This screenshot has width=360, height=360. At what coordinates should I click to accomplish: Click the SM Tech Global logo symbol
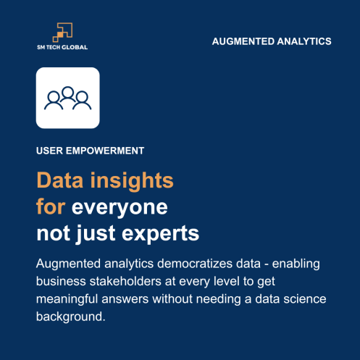pos(62,32)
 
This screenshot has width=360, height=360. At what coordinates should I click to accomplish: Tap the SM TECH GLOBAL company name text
pos(62,47)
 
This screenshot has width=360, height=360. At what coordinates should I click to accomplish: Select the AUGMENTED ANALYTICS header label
pos(272,41)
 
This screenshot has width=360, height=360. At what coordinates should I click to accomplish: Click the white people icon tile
pos(67,98)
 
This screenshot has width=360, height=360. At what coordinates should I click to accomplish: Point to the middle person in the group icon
pos(67,95)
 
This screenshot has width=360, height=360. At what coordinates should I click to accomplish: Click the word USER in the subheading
pos(48,151)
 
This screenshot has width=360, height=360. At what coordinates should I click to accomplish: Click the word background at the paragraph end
pos(76,317)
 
